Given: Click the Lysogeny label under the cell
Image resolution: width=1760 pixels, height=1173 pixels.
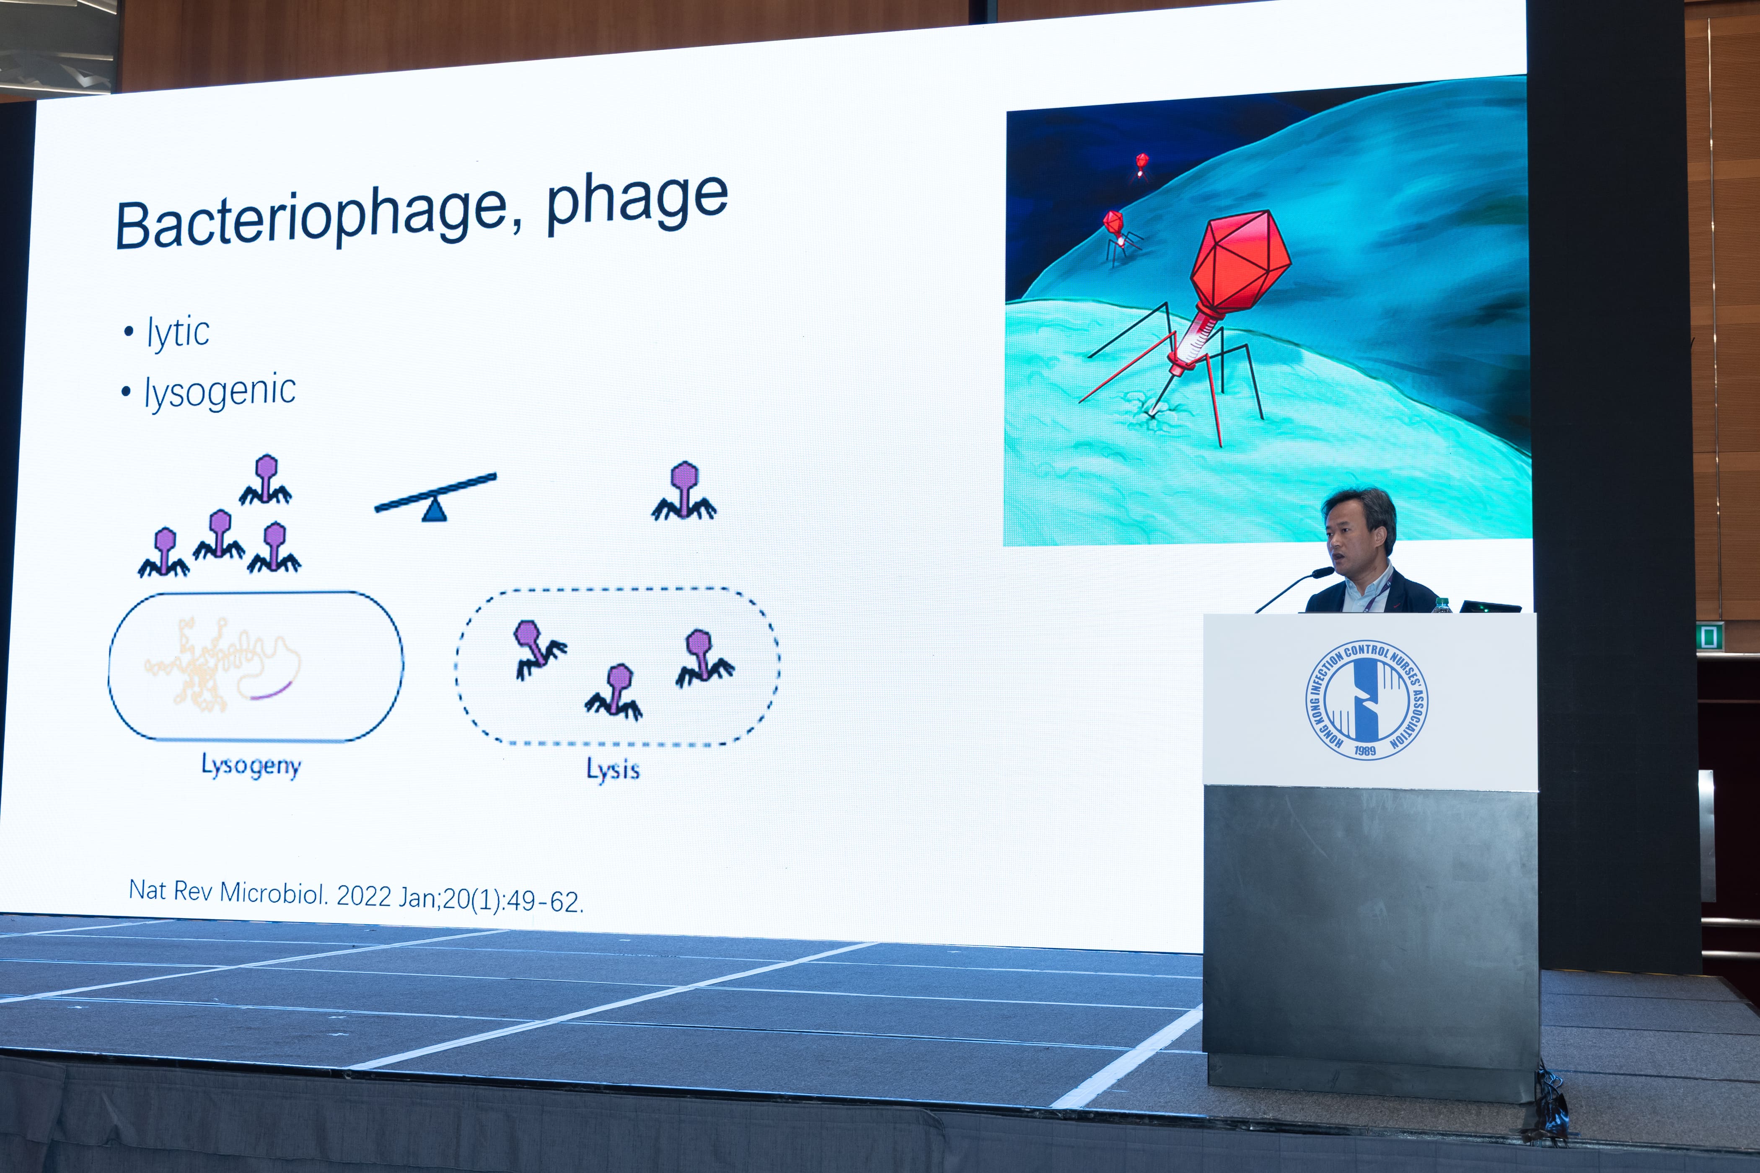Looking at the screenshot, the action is click(251, 767).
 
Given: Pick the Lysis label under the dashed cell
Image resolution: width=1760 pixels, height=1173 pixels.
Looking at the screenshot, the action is click(613, 770).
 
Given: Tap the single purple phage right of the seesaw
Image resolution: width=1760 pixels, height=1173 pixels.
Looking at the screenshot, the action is click(684, 491).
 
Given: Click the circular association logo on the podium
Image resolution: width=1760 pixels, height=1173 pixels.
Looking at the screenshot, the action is click(1367, 700).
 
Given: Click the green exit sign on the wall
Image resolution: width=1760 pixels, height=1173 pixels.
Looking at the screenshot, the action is click(1709, 637).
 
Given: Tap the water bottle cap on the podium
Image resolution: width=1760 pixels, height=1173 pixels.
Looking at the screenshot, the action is click(1441, 601).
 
